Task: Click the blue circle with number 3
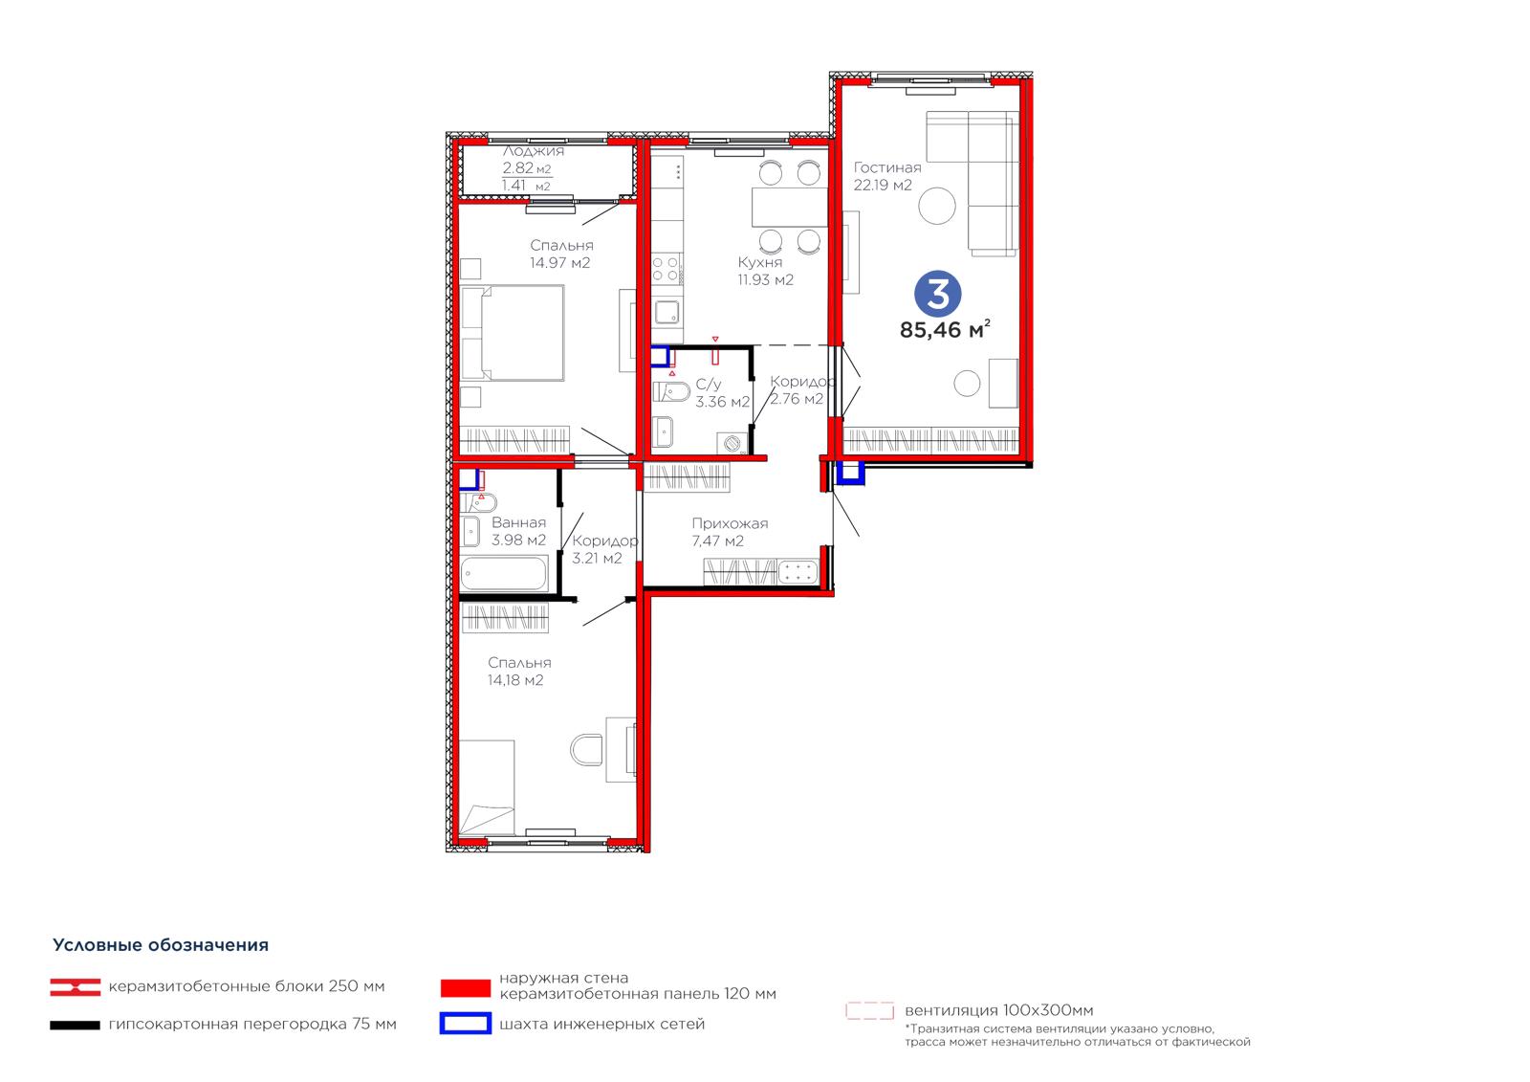(x=938, y=294)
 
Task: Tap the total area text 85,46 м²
(x=945, y=329)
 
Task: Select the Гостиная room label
(x=887, y=167)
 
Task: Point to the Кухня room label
(x=759, y=262)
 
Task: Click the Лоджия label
(x=534, y=151)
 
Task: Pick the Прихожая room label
(x=730, y=523)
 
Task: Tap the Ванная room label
(x=518, y=522)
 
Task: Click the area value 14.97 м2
(x=560, y=262)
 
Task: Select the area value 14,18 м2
(x=515, y=680)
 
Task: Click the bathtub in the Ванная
(x=504, y=573)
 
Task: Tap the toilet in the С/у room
(x=671, y=392)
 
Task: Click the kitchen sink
(x=667, y=313)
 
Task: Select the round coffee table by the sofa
(x=936, y=206)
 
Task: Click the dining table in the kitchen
(x=790, y=207)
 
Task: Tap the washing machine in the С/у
(x=732, y=443)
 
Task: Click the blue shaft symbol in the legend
(x=465, y=1024)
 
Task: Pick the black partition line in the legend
(x=75, y=1026)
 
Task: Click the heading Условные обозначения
(x=161, y=945)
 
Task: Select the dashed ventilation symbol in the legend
(x=869, y=1011)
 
